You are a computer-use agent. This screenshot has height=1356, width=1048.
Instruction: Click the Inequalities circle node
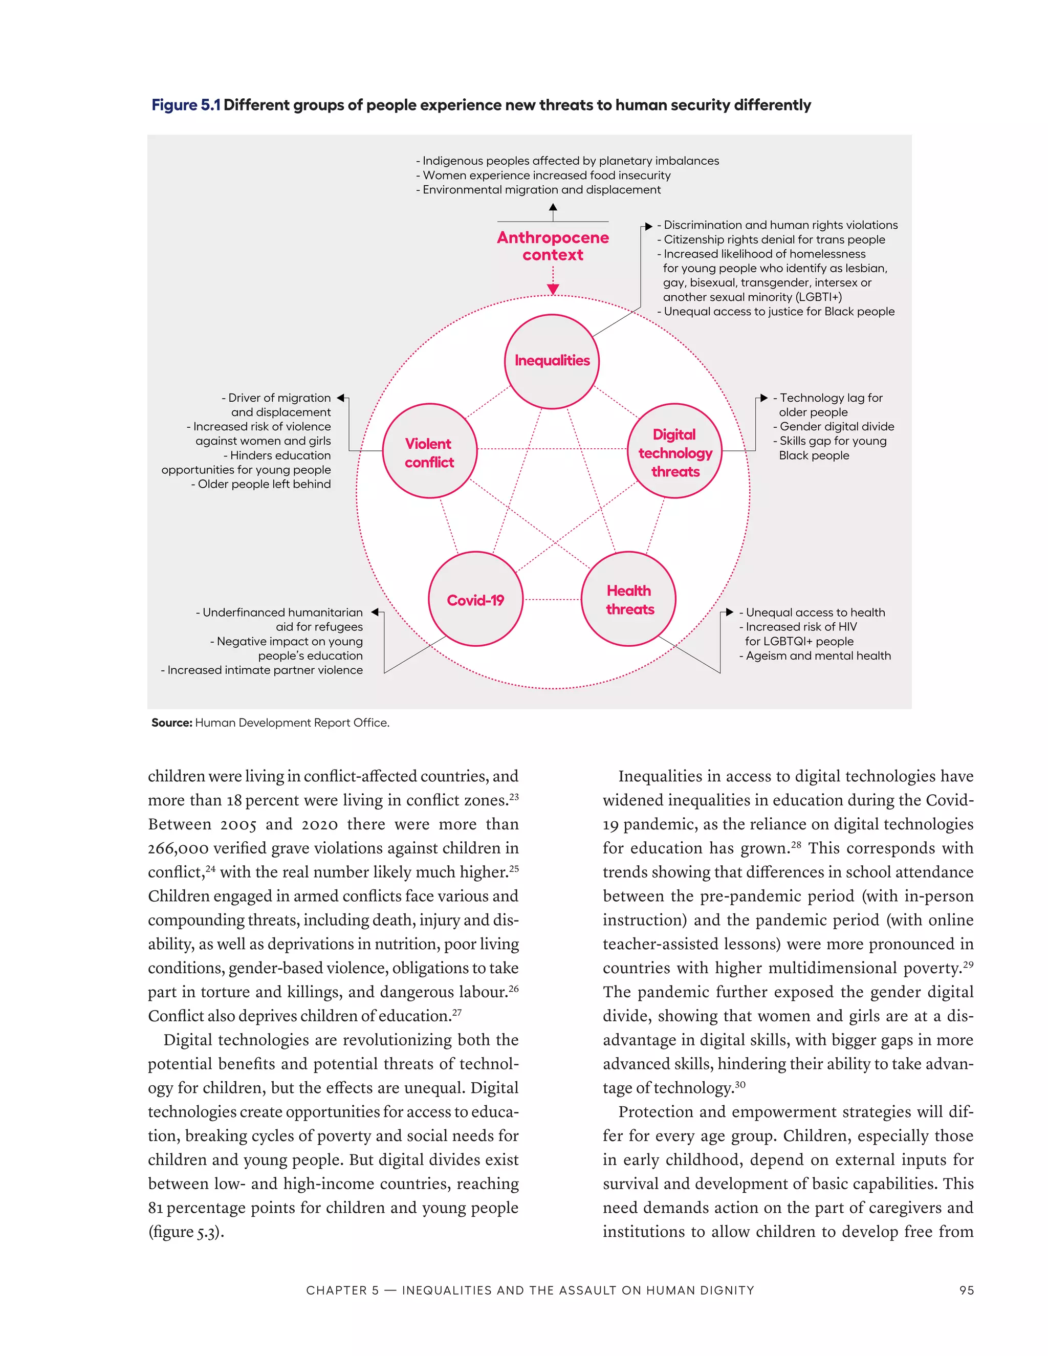pos(552,361)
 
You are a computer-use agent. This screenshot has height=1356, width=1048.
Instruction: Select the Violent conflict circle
pos(430,451)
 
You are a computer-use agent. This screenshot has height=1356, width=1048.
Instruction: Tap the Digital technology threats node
pos(675,451)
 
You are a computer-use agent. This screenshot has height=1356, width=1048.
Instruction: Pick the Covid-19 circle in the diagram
pos(475,599)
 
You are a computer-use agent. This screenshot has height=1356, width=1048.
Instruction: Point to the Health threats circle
pos(629,599)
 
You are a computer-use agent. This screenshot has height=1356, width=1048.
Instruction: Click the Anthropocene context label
pos(553,246)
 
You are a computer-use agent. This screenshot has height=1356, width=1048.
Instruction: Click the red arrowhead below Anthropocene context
pos(553,289)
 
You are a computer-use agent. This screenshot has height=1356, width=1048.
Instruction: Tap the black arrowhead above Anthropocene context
pos(553,209)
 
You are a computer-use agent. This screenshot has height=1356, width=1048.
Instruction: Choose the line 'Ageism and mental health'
pos(818,655)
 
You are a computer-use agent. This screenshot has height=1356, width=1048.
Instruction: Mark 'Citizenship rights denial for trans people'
pos(774,239)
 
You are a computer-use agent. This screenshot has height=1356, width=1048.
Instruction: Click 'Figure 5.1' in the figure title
pos(186,105)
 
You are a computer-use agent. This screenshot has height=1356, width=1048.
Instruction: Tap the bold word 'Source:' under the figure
pos(172,723)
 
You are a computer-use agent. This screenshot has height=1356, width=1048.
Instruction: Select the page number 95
pos(966,1290)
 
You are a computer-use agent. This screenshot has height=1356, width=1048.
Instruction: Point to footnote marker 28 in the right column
pos(795,844)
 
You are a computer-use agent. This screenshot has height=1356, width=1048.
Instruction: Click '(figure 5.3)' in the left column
pos(186,1232)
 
